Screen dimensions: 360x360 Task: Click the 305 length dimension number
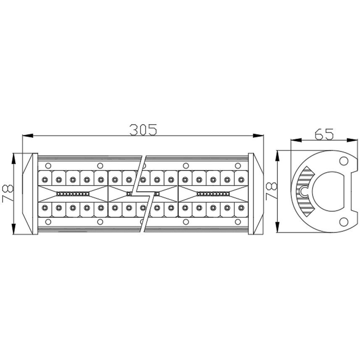coord(143,130)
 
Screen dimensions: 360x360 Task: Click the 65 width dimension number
coord(324,134)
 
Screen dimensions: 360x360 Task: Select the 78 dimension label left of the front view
coord(8,194)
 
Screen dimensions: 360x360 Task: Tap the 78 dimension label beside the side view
coord(271,191)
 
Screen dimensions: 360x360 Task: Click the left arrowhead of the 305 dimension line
coord(28,136)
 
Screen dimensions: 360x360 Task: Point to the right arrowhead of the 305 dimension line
coord(258,136)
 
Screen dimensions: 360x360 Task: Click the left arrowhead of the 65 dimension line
coord(296,140)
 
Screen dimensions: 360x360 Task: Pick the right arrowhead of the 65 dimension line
coord(352,140)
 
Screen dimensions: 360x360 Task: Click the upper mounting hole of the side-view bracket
coord(344,161)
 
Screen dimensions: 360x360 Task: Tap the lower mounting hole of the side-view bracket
coord(344,221)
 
